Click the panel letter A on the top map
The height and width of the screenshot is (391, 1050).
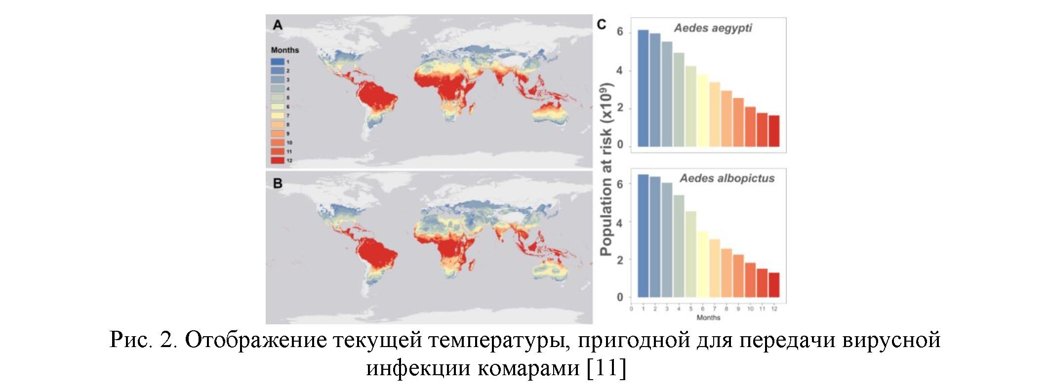(x=278, y=25)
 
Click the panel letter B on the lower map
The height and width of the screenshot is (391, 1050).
(x=278, y=184)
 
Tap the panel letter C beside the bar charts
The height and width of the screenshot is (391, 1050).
(x=602, y=25)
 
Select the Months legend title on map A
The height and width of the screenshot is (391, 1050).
(x=285, y=50)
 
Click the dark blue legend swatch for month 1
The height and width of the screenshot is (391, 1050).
(x=277, y=62)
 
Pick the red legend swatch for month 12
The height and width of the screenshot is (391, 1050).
(x=277, y=160)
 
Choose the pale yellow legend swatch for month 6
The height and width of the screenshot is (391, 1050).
(x=277, y=107)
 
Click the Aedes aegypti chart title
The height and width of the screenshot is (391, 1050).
(x=713, y=28)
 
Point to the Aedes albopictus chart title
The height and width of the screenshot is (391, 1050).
(x=727, y=179)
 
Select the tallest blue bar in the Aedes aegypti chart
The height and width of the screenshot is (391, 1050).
(x=643, y=88)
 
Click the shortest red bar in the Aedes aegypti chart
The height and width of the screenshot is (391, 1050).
(x=774, y=131)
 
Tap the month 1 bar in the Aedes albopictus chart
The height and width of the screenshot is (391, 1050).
(x=643, y=236)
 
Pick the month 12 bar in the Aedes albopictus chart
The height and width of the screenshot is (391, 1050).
(x=774, y=285)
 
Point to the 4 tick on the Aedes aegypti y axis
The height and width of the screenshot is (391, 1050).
(x=619, y=71)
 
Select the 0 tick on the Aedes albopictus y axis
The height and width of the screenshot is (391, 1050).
(x=620, y=297)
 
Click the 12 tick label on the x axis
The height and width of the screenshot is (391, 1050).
(x=774, y=309)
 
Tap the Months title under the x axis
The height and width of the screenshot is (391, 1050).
(x=708, y=317)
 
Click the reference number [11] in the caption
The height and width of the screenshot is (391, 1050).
(x=606, y=367)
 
